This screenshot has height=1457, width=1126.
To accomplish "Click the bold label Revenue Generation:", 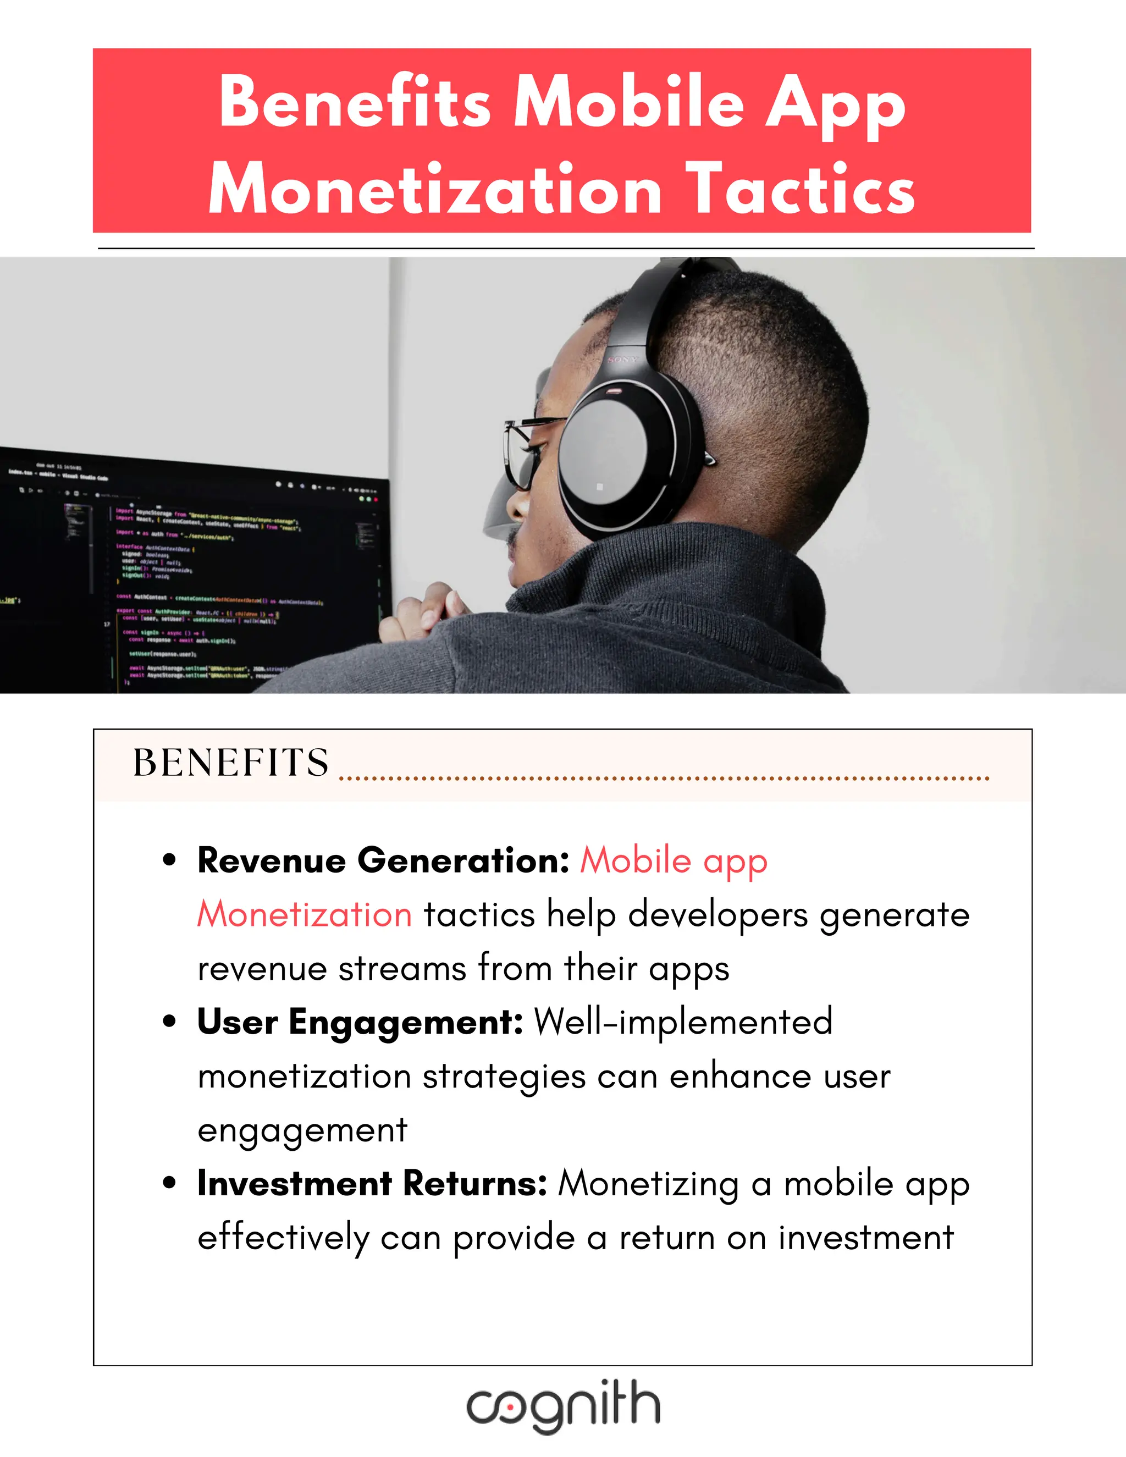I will tap(383, 860).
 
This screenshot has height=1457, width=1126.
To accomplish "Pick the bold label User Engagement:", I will tap(360, 1022).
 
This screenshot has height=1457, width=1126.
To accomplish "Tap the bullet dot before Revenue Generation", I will tap(169, 860).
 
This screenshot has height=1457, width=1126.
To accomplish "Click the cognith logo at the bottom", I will tap(563, 1406).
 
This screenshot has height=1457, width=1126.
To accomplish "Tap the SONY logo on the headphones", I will tap(622, 360).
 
